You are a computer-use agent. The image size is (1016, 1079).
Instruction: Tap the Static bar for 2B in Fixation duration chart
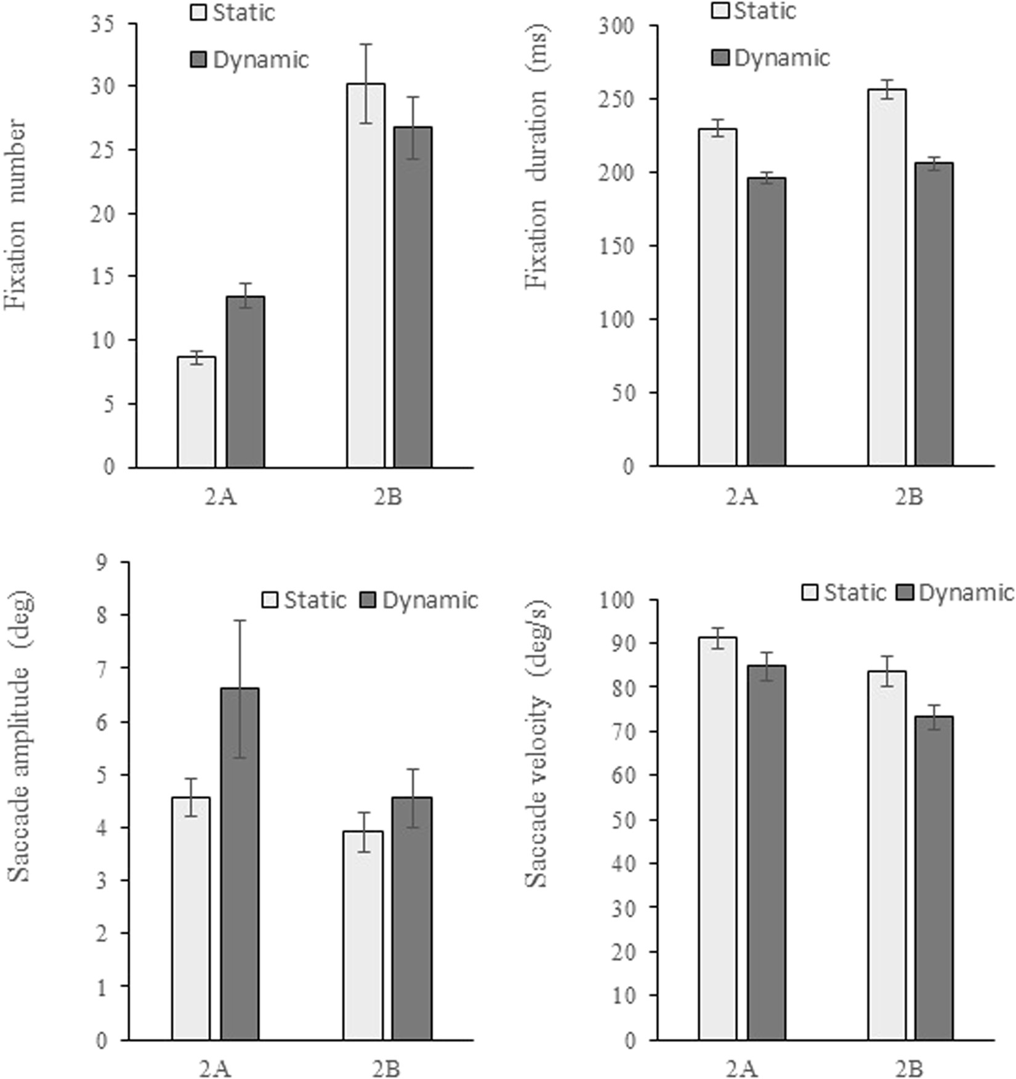tap(887, 277)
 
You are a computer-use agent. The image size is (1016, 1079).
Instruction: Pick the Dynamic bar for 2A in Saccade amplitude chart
tap(240, 863)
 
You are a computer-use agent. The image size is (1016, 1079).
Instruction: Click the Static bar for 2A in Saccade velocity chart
tap(717, 838)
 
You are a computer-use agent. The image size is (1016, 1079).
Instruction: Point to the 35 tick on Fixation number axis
tap(103, 25)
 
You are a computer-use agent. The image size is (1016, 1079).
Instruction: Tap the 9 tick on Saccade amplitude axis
tap(101, 562)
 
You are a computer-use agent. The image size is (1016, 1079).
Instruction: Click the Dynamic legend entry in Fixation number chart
tap(249, 60)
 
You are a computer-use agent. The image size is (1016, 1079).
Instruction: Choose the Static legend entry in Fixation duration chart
tap(754, 10)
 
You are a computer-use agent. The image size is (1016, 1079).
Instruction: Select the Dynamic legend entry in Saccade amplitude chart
tap(419, 600)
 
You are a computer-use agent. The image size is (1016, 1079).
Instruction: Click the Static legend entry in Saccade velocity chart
tap(844, 592)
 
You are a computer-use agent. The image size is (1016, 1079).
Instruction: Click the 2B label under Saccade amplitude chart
tap(386, 1069)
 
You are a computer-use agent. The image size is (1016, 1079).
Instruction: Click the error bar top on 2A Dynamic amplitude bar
tap(240, 621)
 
